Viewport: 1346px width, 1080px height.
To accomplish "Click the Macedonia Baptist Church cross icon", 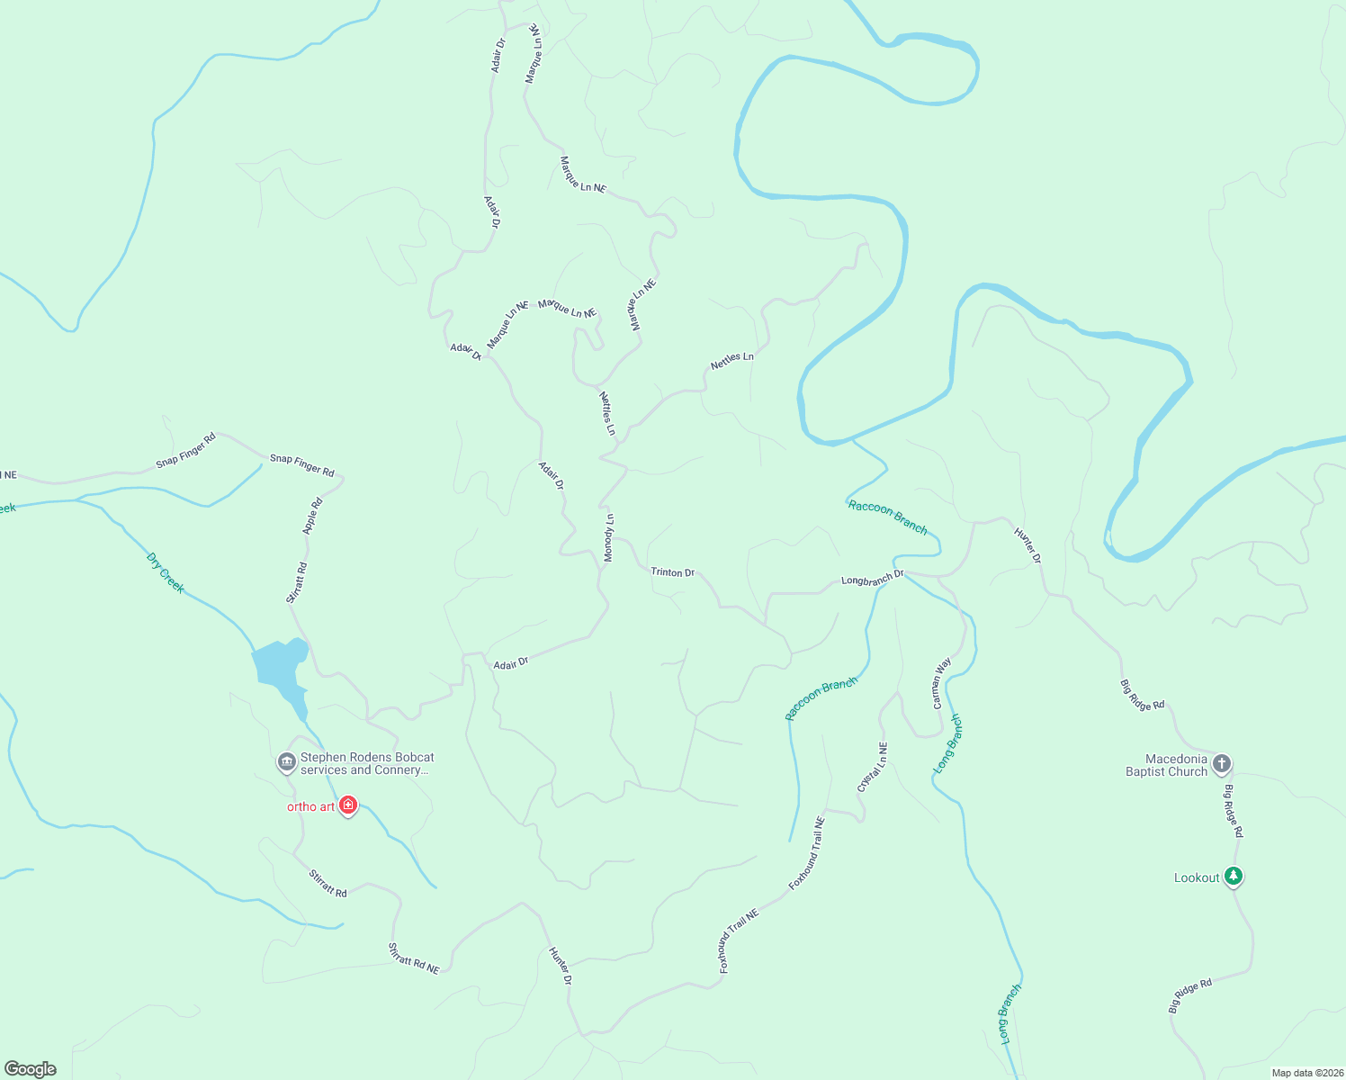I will point(1221,764).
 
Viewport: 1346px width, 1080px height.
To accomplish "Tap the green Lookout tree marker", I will point(1234,876).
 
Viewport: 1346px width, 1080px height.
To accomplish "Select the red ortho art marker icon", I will point(348,805).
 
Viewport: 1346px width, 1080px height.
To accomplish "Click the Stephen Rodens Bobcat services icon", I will point(287,762).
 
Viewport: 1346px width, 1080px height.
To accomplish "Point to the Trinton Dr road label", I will point(672,572).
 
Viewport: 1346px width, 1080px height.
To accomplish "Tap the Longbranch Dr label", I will point(872,580).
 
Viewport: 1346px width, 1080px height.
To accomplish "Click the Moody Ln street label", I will point(609,538).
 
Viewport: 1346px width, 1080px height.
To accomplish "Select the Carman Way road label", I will point(940,683).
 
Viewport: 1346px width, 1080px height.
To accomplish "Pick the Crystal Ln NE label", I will point(872,768).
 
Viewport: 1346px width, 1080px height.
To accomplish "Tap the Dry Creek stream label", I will point(165,572).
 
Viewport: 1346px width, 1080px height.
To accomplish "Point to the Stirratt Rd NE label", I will point(413,958).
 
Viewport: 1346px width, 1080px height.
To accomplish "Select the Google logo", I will point(31,1069).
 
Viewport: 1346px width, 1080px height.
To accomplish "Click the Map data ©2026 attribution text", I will point(1306,1073).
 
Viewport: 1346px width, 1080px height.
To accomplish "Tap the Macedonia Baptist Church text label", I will point(1166,765).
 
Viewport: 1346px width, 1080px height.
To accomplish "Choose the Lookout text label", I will point(1197,877).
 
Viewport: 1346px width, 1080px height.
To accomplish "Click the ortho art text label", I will point(310,806).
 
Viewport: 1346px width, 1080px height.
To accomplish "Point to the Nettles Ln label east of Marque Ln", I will point(731,360).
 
